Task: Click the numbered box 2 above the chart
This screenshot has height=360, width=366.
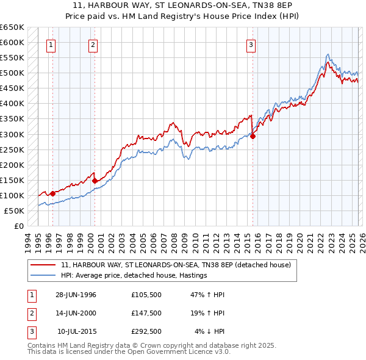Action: point(93,44)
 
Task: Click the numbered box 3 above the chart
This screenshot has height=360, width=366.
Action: point(251,44)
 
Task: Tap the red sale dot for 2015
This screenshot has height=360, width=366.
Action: point(253,137)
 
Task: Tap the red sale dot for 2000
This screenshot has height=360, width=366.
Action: point(95,181)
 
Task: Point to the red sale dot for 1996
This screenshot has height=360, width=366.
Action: point(52,193)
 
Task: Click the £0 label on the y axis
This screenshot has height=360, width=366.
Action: point(18,226)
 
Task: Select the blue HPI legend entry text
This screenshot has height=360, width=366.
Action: point(134,275)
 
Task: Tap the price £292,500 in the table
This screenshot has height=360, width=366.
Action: point(146,331)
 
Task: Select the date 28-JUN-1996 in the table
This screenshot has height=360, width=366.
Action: point(76,295)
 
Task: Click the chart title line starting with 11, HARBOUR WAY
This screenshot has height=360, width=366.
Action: point(183,7)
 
